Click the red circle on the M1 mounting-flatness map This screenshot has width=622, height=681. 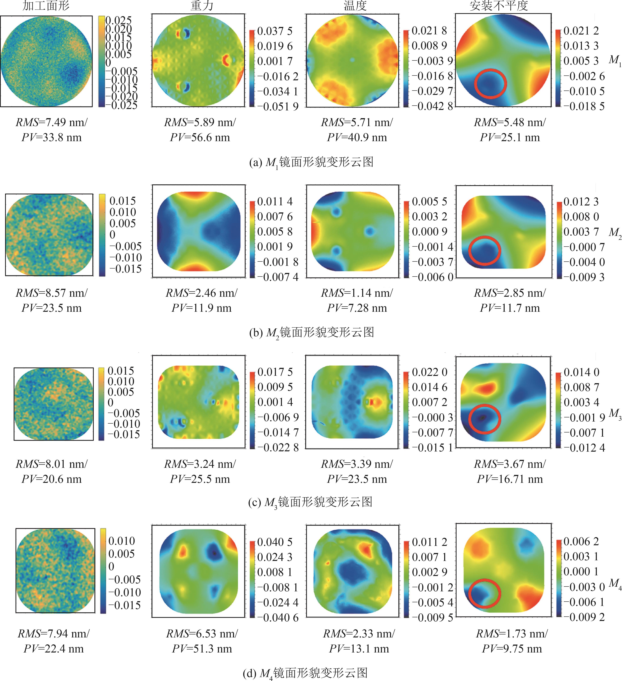click(490, 84)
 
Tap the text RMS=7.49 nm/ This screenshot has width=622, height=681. click(51, 122)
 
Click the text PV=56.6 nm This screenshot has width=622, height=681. click(200, 137)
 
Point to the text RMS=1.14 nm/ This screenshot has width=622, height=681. click(357, 293)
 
